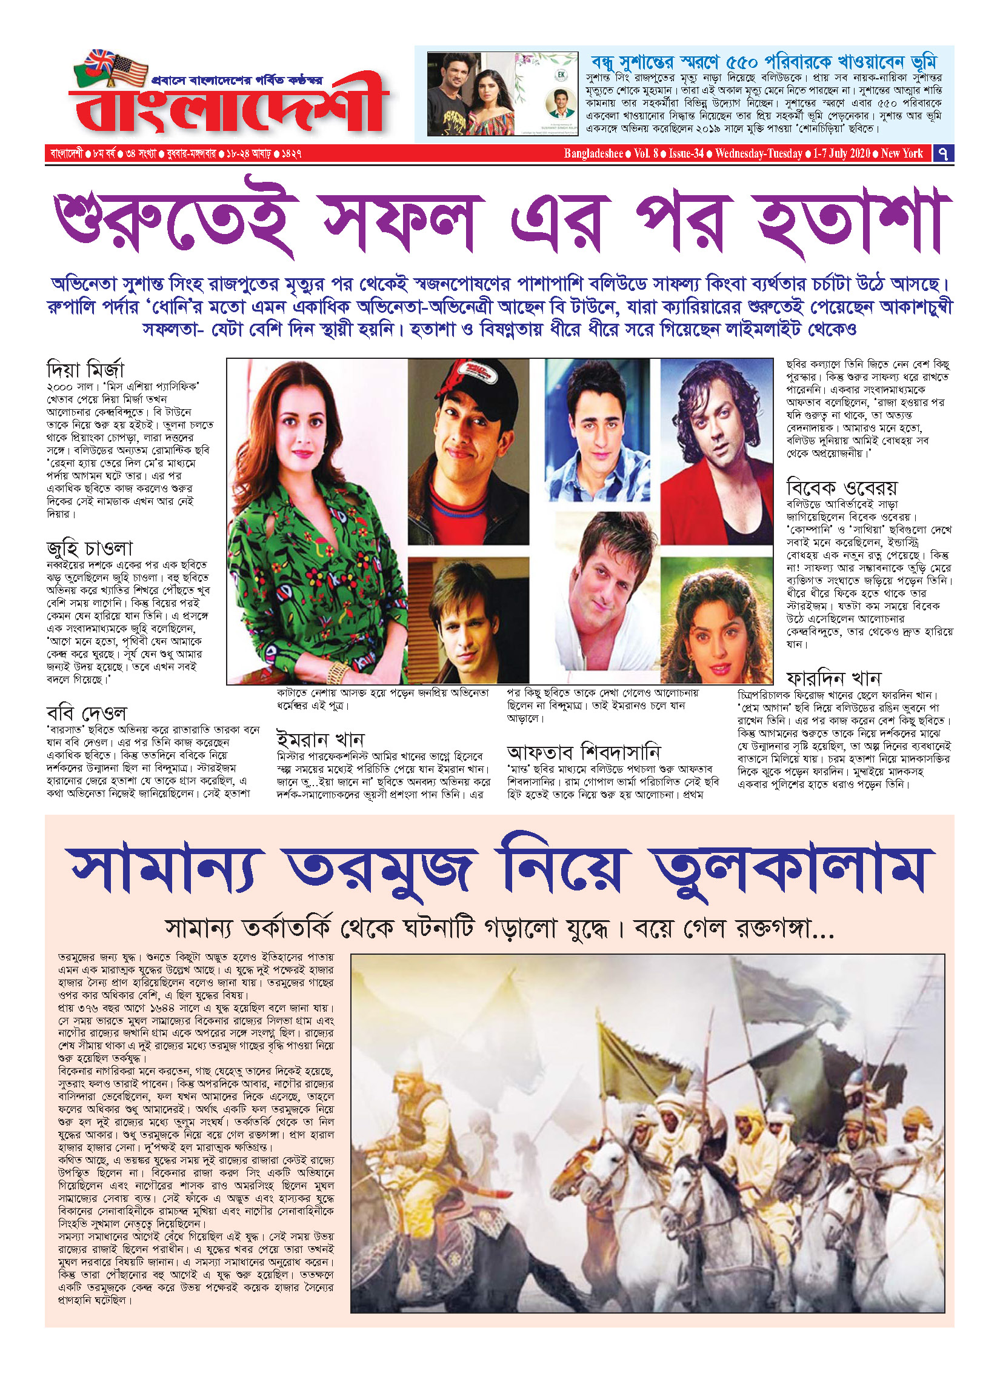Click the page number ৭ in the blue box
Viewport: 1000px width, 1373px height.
[x=943, y=153]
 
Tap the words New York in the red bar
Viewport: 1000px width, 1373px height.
[x=902, y=153]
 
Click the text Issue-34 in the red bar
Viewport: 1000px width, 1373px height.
[x=686, y=153]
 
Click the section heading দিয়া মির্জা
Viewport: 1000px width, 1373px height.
[x=85, y=369]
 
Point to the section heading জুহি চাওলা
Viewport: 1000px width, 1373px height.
[x=90, y=549]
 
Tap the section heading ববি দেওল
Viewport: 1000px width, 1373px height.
[x=86, y=713]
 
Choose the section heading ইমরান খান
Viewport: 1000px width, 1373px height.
[x=320, y=740]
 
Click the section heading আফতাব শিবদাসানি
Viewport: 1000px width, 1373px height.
[x=583, y=752]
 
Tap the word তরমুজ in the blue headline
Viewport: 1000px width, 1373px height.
[x=380, y=867]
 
